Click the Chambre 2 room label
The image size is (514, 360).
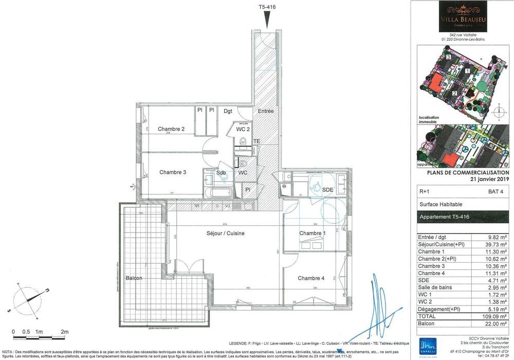171,129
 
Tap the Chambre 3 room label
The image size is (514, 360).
172,172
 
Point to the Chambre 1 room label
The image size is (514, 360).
313,233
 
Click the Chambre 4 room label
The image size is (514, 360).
311,278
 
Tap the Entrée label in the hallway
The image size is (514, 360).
266,111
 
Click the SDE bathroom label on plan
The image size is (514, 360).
327,190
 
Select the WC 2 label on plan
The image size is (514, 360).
243,129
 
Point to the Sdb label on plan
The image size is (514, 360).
221,172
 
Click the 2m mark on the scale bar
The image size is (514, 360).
65,332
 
